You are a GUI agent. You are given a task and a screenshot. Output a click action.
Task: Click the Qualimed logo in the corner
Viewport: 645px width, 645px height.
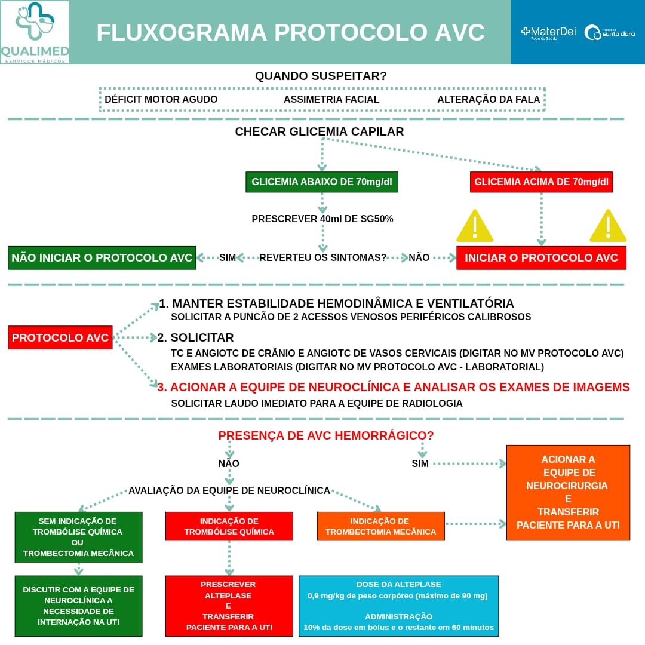[35, 32]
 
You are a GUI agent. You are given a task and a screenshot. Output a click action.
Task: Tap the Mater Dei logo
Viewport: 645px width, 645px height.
[548, 32]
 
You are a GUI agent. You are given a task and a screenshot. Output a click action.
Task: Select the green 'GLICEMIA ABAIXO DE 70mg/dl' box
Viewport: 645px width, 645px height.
[322, 182]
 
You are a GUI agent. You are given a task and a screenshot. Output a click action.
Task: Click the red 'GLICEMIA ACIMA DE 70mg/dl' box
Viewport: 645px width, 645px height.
[542, 182]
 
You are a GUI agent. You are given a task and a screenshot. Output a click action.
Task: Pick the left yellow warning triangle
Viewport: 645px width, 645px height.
[475, 226]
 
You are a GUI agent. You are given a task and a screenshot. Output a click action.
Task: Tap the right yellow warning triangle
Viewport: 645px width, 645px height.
[608, 226]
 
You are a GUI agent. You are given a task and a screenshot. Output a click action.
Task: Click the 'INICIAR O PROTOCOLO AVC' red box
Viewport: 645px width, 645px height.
[542, 258]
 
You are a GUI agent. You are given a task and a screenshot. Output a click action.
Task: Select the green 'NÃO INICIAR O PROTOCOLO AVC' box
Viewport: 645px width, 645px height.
[102, 258]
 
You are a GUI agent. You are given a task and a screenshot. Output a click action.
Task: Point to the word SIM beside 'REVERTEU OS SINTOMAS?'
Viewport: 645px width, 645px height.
[228, 258]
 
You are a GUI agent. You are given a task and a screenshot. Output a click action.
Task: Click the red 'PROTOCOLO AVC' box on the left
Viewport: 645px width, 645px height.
[60, 337]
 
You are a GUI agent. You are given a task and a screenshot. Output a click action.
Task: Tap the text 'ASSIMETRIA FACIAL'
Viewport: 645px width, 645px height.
[331, 100]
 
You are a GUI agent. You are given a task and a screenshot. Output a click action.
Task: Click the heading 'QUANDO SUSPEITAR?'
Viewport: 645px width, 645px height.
[321, 76]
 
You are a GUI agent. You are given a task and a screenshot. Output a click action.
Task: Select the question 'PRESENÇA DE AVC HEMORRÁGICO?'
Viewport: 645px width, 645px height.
[326, 435]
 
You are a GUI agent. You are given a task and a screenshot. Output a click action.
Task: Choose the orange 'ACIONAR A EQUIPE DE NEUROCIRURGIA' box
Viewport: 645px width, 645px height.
[568, 493]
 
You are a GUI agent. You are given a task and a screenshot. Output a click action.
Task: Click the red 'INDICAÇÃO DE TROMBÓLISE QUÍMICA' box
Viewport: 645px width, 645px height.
[229, 526]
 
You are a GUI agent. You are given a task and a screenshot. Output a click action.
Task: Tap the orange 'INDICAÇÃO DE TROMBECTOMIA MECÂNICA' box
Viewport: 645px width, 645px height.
[380, 526]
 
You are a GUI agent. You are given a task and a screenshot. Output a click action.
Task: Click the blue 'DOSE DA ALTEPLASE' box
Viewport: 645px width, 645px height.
[398, 606]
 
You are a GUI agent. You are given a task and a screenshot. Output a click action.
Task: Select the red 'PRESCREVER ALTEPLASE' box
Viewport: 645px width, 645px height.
[229, 606]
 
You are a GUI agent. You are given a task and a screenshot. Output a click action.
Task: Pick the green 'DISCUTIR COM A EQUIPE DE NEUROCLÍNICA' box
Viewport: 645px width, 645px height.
[78, 606]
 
